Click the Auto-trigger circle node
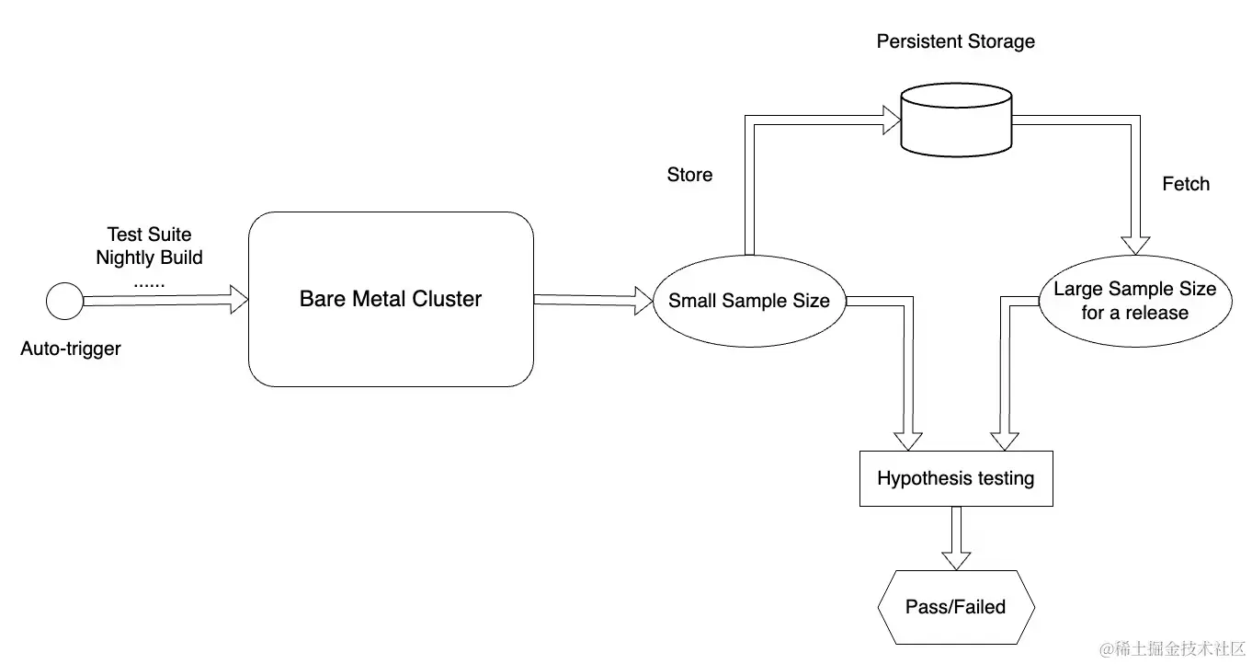64,301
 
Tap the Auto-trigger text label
71,349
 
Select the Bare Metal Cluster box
391,299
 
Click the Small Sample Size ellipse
748,301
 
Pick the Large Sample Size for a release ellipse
1134,301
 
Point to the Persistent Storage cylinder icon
956,119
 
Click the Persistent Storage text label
955,41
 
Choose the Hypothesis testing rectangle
955,478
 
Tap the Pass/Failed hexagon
955,607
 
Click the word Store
689,175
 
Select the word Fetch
1186,184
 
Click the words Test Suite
149,235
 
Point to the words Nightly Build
149,258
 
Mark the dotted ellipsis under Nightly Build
149,282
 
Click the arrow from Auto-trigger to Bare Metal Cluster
165,300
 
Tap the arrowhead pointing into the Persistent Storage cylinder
889,118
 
